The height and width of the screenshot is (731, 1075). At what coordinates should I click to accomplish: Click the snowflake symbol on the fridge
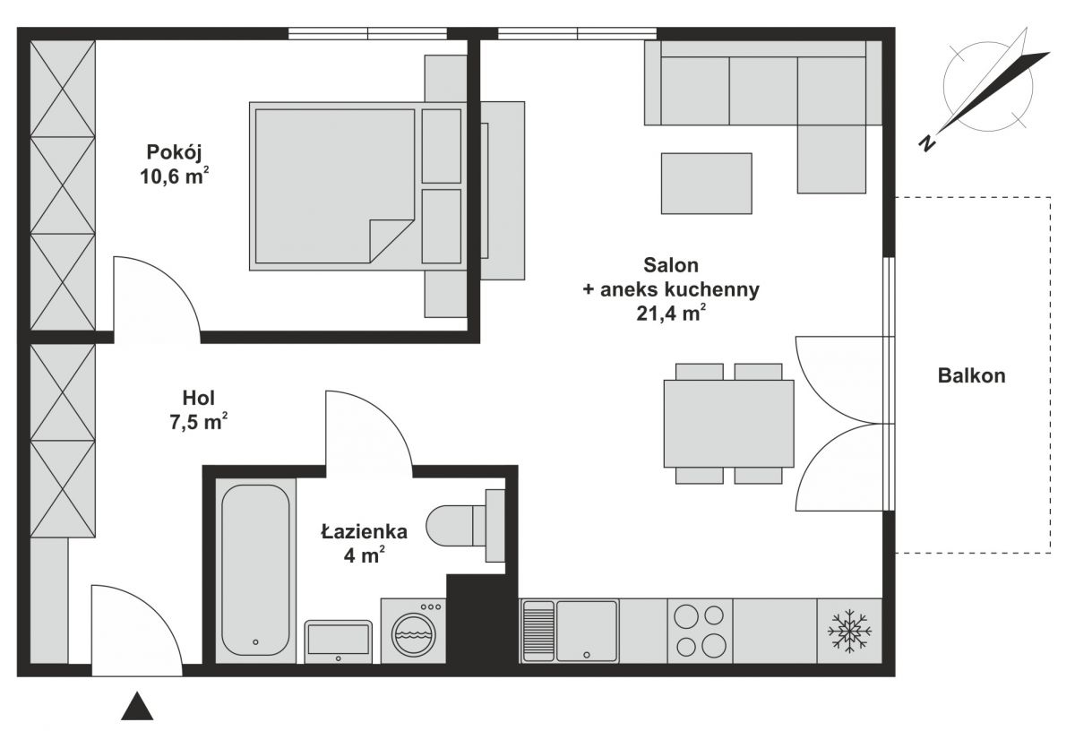(x=849, y=632)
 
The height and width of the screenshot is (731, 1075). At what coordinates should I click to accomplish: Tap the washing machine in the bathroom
(x=414, y=631)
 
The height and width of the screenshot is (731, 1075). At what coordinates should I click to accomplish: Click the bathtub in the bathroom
(x=255, y=570)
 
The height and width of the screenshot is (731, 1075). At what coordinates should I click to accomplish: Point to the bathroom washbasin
(x=339, y=641)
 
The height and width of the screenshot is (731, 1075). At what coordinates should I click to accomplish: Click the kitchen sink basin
(x=587, y=631)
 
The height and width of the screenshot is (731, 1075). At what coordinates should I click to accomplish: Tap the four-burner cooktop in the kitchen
(x=700, y=631)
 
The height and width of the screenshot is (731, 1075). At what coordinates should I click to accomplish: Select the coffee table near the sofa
(x=707, y=184)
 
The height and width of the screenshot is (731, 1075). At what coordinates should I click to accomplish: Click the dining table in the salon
(x=728, y=424)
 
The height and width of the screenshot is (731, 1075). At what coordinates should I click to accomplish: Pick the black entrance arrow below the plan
(x=137, y=707)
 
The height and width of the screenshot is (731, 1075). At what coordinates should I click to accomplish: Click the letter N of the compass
(x=927, y=142)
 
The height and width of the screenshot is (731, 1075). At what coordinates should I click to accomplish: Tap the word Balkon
(x=971, y=375)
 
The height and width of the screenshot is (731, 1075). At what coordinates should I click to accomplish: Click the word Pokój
(x=174, y=152)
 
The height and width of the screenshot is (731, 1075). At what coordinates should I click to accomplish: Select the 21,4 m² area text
(x=671, y=314)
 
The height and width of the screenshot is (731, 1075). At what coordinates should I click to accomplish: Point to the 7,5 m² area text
(x=198, y=422)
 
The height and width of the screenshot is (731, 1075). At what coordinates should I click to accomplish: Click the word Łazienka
(x=365, y=532)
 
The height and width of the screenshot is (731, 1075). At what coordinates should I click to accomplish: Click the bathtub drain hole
(x=255, y=641)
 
